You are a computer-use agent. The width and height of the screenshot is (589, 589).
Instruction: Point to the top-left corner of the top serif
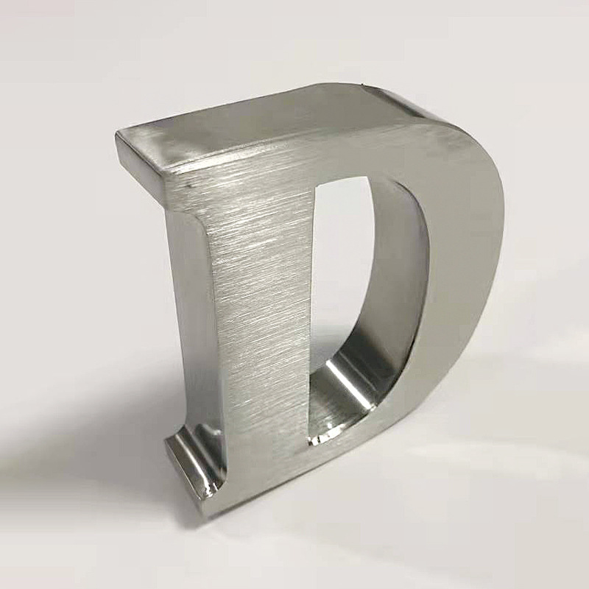tap(116, 131)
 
